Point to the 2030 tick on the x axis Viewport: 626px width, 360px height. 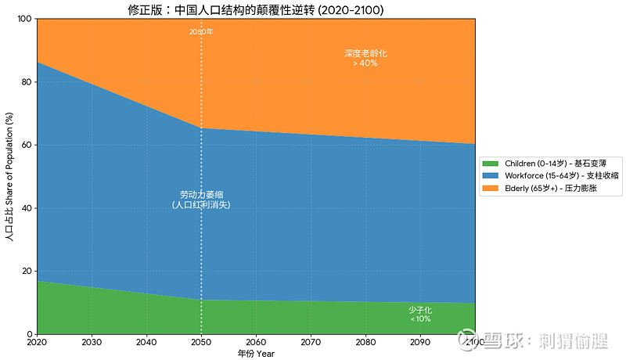pyautogui.click(x=92, y=342)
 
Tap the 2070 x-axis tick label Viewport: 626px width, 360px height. pyautogui.click(x=311, y=342)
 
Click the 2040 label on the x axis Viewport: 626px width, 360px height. pyautogui.click(x=146, y=342)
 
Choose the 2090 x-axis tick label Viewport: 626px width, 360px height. pyautogui.click(x=420, y=342)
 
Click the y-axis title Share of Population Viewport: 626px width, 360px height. pyautogui.click(x=9, y=176)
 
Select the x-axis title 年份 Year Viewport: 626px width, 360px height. pyautogui.click(x=256, y=354)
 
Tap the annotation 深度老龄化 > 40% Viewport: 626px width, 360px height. pyautogui.click(x=365, y=58)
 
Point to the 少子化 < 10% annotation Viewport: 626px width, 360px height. pyautogui.click(x=420, y=314)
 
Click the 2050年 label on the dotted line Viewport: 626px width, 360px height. pyautogui.click(x=201, y=32)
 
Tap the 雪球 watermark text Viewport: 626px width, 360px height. pyautogui.click(x=501, y=341)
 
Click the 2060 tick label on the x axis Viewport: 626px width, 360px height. pyautogui.click(x=256, y=342)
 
